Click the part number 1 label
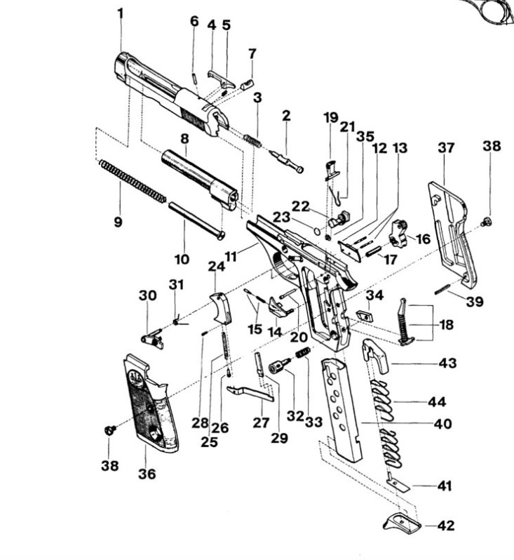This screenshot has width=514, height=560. pos(120,13)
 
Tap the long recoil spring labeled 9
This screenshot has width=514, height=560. pos(133,182)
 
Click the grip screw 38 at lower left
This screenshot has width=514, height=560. pos(109,429)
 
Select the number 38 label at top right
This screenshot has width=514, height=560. pos(492,146)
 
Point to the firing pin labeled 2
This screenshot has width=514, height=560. pos(287,157)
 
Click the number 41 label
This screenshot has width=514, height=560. pos(445,486)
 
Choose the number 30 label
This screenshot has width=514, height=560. pos(147,296)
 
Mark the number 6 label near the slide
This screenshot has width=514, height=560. pos(194,21)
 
